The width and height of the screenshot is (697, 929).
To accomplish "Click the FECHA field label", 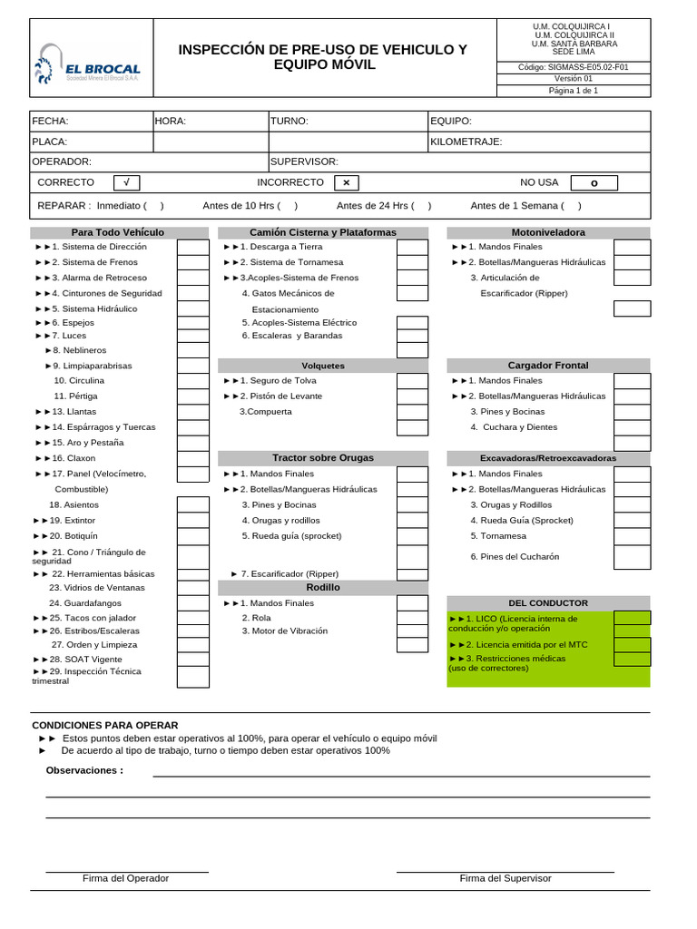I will (50, 121).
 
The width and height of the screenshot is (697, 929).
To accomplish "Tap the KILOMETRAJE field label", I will (466, 142).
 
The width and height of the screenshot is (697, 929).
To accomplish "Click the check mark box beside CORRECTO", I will (126, 182).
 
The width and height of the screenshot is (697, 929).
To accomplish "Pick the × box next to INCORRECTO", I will (346, 182).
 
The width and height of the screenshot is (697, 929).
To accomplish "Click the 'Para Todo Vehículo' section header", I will (118, 233).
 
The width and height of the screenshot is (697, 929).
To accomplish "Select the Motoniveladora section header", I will (548, 233).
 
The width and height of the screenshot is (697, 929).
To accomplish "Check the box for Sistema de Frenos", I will (192, 262).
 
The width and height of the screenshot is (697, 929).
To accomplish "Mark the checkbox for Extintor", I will (192, 521).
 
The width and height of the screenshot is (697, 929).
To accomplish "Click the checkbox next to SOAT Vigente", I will (192, 659).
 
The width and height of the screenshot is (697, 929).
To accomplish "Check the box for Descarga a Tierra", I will (412, 247).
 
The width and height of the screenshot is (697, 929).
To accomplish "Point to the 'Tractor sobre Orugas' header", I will (323, 458).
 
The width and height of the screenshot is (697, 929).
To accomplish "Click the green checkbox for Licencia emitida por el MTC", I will (632, 645).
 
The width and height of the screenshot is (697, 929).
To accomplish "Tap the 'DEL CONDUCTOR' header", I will (548, 603).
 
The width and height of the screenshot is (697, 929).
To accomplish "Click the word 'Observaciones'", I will (84, 770).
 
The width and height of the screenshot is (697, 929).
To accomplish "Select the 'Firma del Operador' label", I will (125, 878).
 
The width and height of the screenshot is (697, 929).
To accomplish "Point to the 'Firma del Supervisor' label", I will (506, 878).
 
